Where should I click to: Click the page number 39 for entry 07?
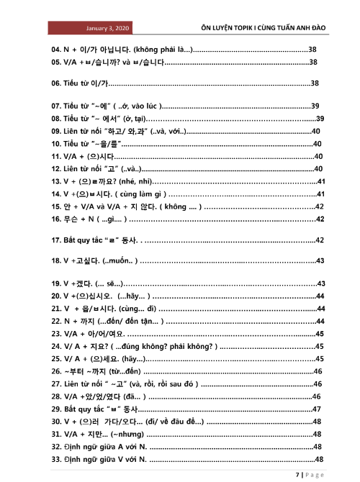[315, 106]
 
